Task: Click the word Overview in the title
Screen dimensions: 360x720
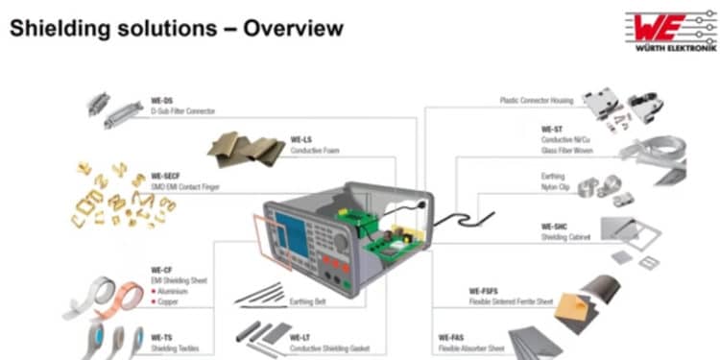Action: click(292, 29)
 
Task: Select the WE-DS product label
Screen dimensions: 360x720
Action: click(161, 100)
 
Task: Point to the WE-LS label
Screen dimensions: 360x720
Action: click(300, 140)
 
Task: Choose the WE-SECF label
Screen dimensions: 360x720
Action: click(166, 177)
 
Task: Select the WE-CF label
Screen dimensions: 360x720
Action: click(161, 270)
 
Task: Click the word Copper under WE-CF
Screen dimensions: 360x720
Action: click(169, 301)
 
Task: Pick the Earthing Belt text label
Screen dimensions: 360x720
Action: click(309, 301)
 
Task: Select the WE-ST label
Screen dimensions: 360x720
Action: click(551, 129)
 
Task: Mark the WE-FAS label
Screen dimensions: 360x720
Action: click(450, 339)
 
